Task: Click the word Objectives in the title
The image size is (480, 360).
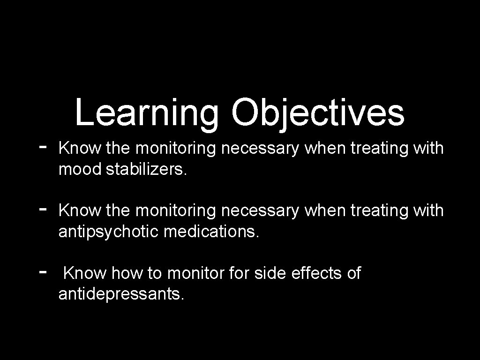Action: coord(317,113)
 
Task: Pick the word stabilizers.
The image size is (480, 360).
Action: coord(146,169)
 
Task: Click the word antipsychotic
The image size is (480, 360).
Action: coord(109,232)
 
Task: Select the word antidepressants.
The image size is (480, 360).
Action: coord(121,294)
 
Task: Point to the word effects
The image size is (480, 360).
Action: coord(317,273)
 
